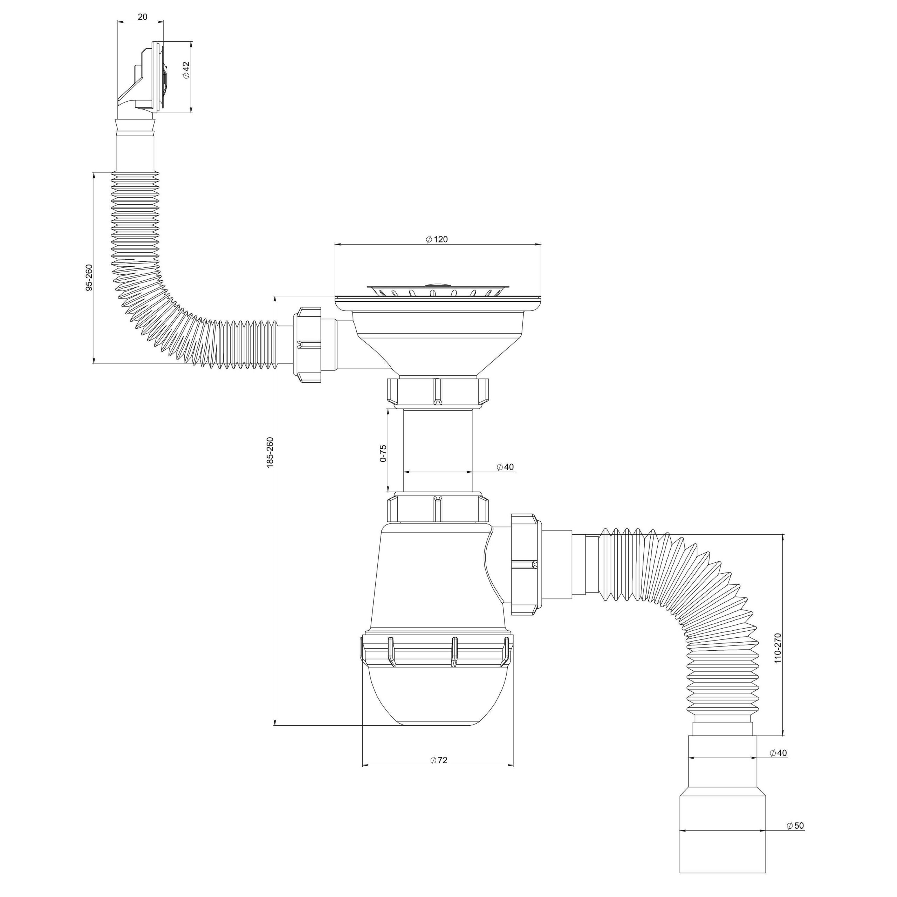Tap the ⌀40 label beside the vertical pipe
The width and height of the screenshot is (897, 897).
pos(505,467)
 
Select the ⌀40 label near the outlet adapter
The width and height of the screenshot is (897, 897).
pos(778,766)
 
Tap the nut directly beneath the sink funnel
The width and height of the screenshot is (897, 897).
pos(438,391)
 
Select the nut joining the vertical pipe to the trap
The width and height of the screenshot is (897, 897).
pos(438,509)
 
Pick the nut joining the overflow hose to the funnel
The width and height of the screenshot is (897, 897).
pos(307,344)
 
